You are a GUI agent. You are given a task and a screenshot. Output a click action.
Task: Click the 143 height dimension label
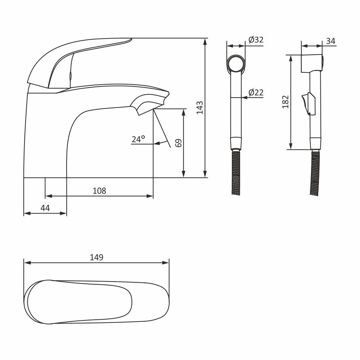199,107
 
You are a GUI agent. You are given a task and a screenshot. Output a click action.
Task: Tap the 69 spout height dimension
179,143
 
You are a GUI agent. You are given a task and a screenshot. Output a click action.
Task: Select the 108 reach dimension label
99,191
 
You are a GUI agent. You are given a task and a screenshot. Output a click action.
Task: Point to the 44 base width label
45,208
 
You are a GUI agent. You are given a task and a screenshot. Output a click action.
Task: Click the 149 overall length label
96,257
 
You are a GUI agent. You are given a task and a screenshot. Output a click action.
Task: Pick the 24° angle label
139,139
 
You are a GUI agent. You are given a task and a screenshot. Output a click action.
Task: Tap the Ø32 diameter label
256,40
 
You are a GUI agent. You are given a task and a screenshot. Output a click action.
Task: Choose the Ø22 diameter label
256,93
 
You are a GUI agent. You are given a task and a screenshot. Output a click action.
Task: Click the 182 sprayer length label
285,102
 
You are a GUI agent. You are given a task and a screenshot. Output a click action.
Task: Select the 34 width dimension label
330,41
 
